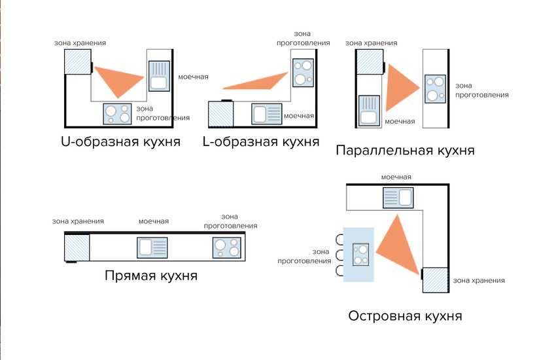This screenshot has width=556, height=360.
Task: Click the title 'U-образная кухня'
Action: click(x=120, y=141)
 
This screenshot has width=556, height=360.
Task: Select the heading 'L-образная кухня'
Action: click(x=262, y=141)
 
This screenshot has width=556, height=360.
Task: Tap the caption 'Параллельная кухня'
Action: click(x=405, y=151)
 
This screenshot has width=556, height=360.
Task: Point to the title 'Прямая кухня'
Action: click(x=151, y=276)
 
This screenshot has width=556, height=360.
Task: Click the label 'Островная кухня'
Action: click(x=406, y=316)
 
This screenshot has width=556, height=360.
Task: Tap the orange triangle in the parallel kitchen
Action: click(x=399, y=87)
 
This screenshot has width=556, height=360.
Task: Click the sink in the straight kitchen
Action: click(x=152, y=247)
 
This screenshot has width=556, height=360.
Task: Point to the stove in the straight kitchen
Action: click(x=226, y=247)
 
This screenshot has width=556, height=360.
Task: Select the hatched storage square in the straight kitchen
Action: click(x=77, y=247)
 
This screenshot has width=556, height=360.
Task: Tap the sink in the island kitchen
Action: click(x=398, y=197)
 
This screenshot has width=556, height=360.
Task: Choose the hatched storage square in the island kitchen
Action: click(x=436, y=280)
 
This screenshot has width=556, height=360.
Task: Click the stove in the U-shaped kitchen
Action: click(x=118, y=115)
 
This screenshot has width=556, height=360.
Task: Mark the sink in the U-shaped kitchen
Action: click(x=159, y=75)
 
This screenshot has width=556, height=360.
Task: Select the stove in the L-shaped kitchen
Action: click(x=302, y=73)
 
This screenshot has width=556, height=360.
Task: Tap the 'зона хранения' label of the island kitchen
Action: click(x=479, y=281)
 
